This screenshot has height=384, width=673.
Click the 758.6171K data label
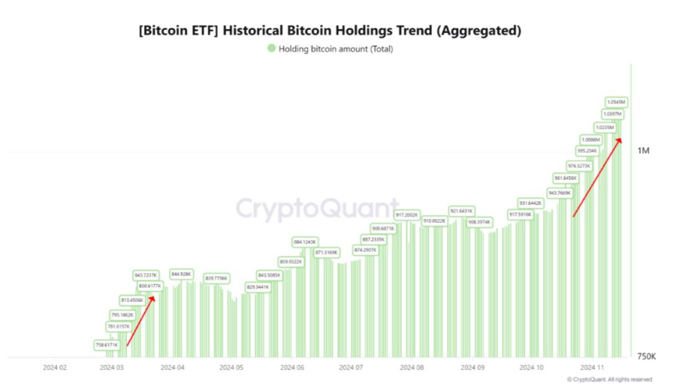point(106,344)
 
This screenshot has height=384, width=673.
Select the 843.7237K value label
point(146,275)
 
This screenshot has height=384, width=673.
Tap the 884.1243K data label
point(304,242)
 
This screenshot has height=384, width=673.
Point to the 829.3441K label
point(257,287)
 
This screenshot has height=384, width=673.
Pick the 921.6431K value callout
point(462,210)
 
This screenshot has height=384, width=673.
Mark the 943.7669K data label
point(560,192)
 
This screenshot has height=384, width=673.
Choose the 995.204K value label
point(587,151)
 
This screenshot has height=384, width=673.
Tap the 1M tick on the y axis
point(643,150)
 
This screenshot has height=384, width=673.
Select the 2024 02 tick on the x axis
point(56,366)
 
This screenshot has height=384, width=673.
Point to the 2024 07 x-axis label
point(352,366)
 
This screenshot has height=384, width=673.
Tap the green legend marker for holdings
point(271,48)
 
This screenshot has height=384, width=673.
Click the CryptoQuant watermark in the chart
point(317,209)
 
